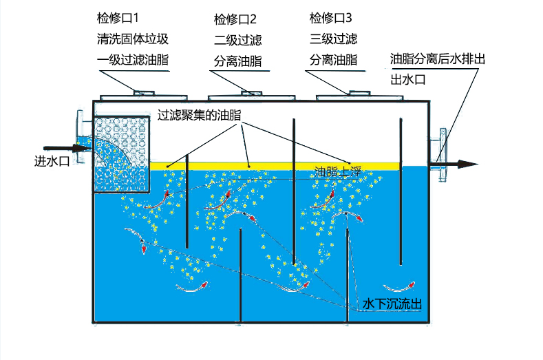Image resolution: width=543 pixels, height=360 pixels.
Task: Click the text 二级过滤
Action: pyautogui.click(x=237, y=39)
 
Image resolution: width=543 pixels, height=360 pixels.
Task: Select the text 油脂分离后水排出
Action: pyautogui.click(x=438, y=59)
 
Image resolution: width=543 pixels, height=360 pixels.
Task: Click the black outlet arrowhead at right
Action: pyautogui.click(x=468, y=164)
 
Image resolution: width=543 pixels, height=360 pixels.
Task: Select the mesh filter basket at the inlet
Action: pyautogui.click(x=120, y=154)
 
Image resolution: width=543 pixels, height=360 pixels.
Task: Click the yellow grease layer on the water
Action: pyautogui.click(x=275, y=165)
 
